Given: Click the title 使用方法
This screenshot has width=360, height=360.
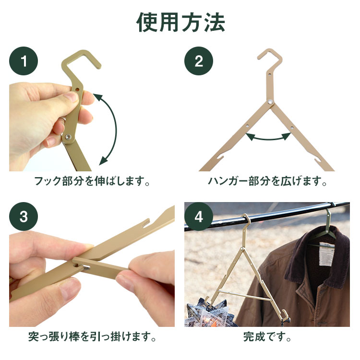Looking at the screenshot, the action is (180, 22).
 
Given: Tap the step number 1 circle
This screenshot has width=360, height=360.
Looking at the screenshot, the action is (24, 61).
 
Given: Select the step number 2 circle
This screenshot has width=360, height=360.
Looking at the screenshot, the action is (199, 61).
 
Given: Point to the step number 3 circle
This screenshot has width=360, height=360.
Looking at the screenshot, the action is (24, 216).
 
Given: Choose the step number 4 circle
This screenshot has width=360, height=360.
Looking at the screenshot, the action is (199, 216).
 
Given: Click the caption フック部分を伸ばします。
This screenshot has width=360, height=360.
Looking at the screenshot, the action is (92, 181).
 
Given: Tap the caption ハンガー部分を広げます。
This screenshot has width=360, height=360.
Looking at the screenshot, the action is (267, 181).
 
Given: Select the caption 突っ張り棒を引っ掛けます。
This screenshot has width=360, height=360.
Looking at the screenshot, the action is (92, 337).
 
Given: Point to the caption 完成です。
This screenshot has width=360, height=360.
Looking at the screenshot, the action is (267, 337).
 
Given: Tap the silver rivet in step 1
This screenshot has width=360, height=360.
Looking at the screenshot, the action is (68, 137).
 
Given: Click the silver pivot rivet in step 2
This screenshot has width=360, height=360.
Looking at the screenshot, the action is (270, 101).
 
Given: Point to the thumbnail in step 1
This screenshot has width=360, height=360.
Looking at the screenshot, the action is (71, 97).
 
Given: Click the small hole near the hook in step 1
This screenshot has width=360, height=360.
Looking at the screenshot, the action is (77, 89).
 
